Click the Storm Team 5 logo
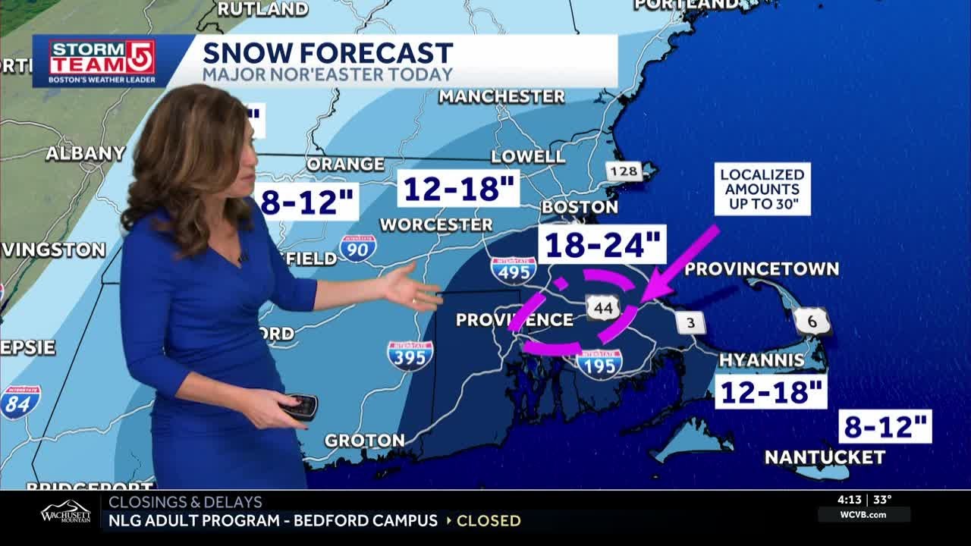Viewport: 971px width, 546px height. [102, 61]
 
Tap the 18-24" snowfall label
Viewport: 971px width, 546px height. [602, 245]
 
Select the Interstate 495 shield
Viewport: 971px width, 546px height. [514, 270]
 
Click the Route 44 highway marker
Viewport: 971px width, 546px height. [604, 307]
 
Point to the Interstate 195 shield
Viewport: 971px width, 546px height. [599, 363]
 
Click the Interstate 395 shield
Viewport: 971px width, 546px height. [410, 354]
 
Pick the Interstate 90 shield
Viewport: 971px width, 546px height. [357, 247]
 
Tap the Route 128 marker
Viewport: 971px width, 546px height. [624, 171]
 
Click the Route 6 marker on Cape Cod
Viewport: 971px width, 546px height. [812, 322]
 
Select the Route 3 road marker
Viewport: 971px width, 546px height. [690, 322]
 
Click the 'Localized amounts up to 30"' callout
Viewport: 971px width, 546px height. [762, 189]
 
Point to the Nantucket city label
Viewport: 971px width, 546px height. [825, 457]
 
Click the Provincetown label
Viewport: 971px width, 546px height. [762, 269]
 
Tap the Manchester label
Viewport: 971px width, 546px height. [501, 96]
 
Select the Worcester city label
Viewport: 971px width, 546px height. [436, 224]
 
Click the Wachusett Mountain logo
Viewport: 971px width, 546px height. [65, 513]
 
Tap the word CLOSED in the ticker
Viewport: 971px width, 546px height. [489, 521]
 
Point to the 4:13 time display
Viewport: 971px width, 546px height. [850, 500]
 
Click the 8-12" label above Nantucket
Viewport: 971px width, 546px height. [885, 427]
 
